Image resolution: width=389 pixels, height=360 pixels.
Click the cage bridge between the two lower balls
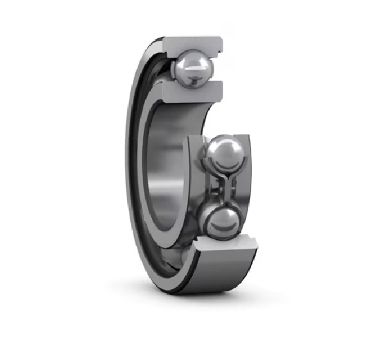pos(221,188)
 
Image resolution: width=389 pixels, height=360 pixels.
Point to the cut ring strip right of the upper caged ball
pos(247,161)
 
